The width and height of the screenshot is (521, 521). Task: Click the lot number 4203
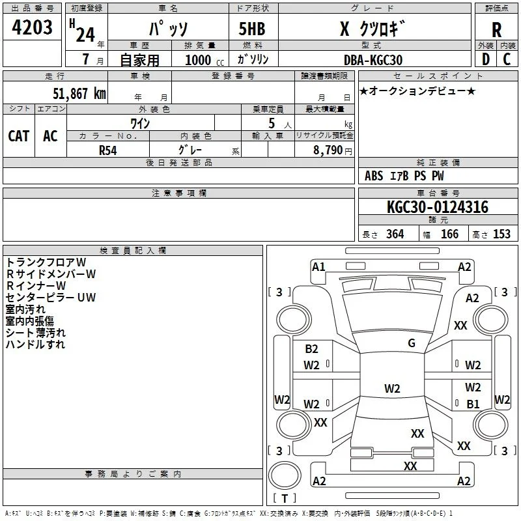click(32, 27)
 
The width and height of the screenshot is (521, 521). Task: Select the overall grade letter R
click(496, 30)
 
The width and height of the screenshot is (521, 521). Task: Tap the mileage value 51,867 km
click(79, 93)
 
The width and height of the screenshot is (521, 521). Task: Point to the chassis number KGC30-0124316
click(438, 207)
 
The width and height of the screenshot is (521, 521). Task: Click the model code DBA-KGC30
click(373, 60)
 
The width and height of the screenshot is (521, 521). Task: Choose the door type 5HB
click(252, 29)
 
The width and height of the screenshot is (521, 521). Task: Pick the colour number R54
click(108, 150)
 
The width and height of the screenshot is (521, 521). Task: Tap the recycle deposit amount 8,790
click(328, 150)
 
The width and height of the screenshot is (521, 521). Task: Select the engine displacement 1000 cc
click(204, 60)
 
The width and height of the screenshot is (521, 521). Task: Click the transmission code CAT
click(19, 136)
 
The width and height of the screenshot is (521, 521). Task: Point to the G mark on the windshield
click(412, 343)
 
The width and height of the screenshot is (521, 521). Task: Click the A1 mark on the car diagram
click(318, 267)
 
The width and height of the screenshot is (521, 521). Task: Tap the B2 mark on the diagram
click(311, 349)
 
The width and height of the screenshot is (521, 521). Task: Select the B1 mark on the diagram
click(473, 404)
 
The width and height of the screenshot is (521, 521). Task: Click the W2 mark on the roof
click(392, 388)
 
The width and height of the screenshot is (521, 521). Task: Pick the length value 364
click(395, 234)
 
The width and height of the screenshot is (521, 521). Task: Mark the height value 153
click(501, 234)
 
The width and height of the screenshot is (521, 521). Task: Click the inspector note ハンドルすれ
click(35, 345)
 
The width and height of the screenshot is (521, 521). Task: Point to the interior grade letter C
click(507, 59)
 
